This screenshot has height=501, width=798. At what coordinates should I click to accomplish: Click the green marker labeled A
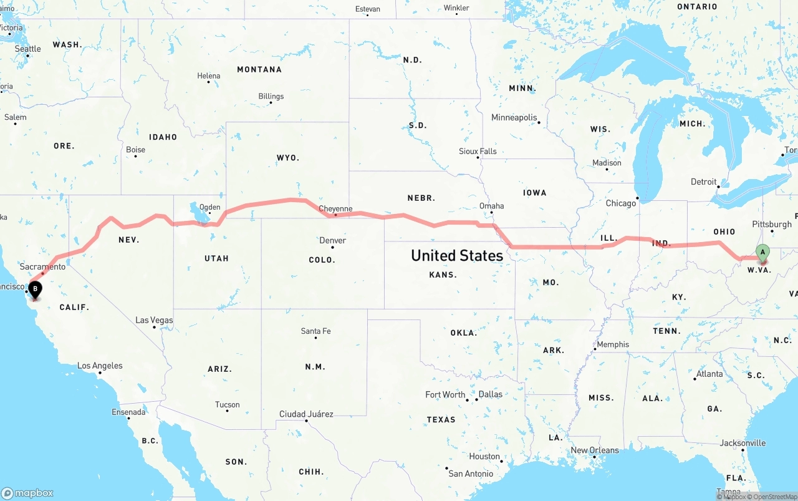click(x=762, y=253)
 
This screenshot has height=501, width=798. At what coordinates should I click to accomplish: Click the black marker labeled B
click(x=36, y=289)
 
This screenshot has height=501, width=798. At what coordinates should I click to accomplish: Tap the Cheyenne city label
click(x=335, y=209)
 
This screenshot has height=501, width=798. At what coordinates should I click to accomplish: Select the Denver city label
click(x=332, y=240)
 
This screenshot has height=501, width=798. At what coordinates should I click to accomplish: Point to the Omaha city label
click(x=491, y=206)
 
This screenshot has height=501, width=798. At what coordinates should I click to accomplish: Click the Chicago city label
click(x=621, y=203)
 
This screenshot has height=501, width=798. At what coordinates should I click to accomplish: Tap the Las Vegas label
click(x=154, y=320)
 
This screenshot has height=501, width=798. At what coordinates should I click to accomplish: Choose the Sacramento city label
click(x=42, y=266)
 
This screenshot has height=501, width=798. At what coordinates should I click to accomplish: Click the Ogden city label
click(x=209, y=207)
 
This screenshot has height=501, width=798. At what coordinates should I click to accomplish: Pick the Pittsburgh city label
click(x=772, y=224)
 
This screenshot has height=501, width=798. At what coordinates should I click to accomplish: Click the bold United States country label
click(x=457, y=255)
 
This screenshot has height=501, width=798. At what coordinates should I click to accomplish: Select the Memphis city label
click(x=613, y=344)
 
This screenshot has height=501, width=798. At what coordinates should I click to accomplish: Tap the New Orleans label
click(x=595, y=450)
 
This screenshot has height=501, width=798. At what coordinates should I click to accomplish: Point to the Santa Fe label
click(x=315, y=331)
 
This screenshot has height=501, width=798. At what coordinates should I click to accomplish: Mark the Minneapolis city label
click(x=514, y=117)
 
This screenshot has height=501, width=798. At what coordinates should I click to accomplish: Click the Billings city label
click(x=271, y=96)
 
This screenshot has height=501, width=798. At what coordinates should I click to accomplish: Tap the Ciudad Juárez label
click(x=306, y=414)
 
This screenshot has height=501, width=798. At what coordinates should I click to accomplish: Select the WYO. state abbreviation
click(x=288, y=158)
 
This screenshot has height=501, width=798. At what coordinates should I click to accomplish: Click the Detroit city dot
click(x=718, y=187)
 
